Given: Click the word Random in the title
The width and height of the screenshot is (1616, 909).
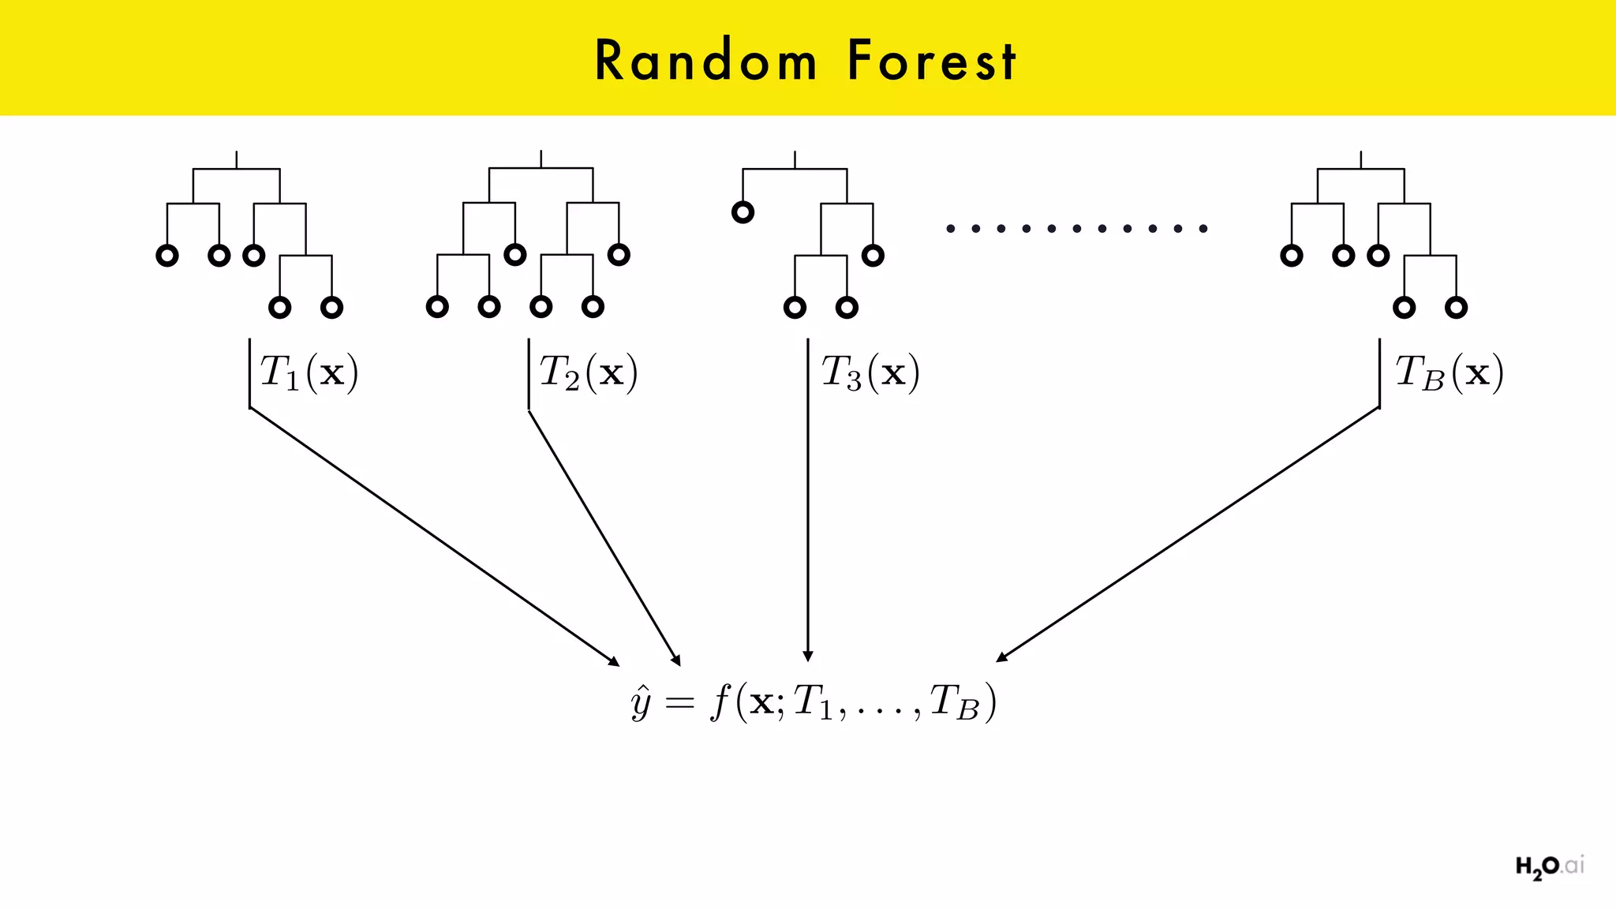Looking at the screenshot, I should (x=705, y=61).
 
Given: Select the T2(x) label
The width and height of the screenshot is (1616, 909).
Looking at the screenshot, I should (x=589, y=372).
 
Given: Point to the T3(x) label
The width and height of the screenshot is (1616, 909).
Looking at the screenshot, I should (x=870, y=372).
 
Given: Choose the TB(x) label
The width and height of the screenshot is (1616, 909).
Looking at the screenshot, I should (x=1449, y=372).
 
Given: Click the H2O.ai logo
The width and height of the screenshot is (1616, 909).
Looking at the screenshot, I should (x=1549, y=866).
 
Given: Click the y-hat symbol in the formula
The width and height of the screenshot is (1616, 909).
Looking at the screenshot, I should (x=641, y=702).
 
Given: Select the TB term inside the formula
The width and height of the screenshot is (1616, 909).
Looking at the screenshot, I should (x=954, y=702).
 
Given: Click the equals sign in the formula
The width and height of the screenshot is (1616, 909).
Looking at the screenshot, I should (x=679, y=702).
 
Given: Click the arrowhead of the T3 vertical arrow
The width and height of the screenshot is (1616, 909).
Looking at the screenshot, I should (x=807, y=656).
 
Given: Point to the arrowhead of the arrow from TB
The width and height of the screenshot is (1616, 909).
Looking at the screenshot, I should (x=1002, y=656).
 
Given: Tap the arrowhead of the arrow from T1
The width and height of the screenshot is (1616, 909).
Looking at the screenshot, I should (x=614, y=661).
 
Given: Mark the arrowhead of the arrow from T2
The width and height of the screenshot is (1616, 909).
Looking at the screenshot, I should (x=675, y=660).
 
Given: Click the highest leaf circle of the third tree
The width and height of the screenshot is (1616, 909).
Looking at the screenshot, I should (x=743, y=212).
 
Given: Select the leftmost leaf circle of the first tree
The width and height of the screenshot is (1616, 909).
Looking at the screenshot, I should (x=166, y=256).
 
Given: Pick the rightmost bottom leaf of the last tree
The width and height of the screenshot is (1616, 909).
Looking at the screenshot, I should (x=1456, y=308).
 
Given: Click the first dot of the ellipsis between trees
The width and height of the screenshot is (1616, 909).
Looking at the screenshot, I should (x=951, y=229).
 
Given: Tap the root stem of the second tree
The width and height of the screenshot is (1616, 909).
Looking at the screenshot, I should (x=541, y=159).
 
